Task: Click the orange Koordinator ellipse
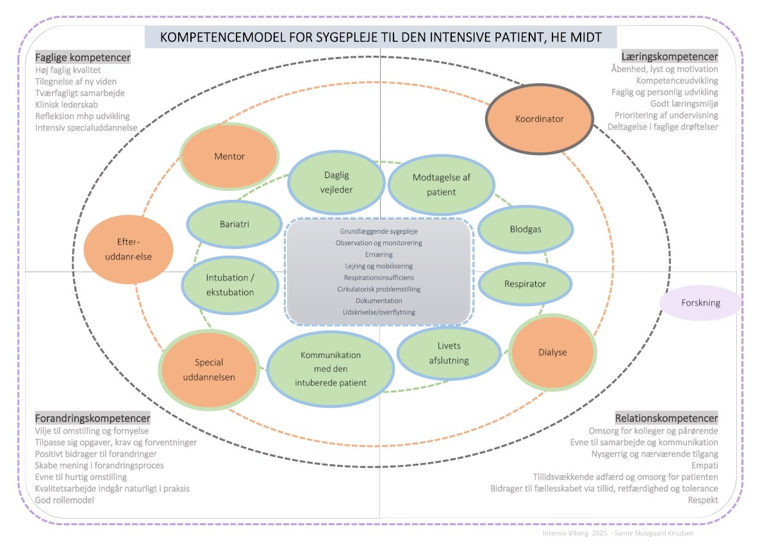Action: point(540,118)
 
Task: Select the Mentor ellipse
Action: point(229,156)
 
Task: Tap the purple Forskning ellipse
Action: point(700,303)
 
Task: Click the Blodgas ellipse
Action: point(520,229)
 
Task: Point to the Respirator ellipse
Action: point(525,284)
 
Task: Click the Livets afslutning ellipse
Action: point(449,353)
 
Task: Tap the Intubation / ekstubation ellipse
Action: point(230,286)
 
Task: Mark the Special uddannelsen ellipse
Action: point(210,369)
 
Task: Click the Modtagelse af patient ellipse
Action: point(442,184)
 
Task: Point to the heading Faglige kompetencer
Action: point(83,57)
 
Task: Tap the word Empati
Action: point(704,466)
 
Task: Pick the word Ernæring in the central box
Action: point(379,254)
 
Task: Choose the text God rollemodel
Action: point(65,500)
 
